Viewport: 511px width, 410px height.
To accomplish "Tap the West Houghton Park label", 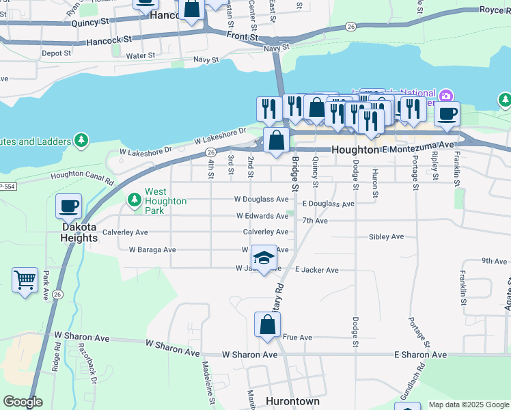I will [165, 201].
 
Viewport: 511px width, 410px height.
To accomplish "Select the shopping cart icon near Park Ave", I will [25, 279].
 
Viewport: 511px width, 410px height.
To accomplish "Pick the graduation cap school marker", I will [264, 258].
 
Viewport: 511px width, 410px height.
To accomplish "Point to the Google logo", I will [23, 402].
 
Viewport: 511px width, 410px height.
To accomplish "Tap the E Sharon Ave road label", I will [420, 355].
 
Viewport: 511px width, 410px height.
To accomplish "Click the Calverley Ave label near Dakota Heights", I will [125, 232].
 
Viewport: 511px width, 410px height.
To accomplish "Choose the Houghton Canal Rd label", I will [82, 178].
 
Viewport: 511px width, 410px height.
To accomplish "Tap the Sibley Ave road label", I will [386, 236].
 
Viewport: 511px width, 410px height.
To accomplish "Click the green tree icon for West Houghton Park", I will [135, 200].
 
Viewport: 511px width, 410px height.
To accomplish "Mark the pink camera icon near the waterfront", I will [446, 95].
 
